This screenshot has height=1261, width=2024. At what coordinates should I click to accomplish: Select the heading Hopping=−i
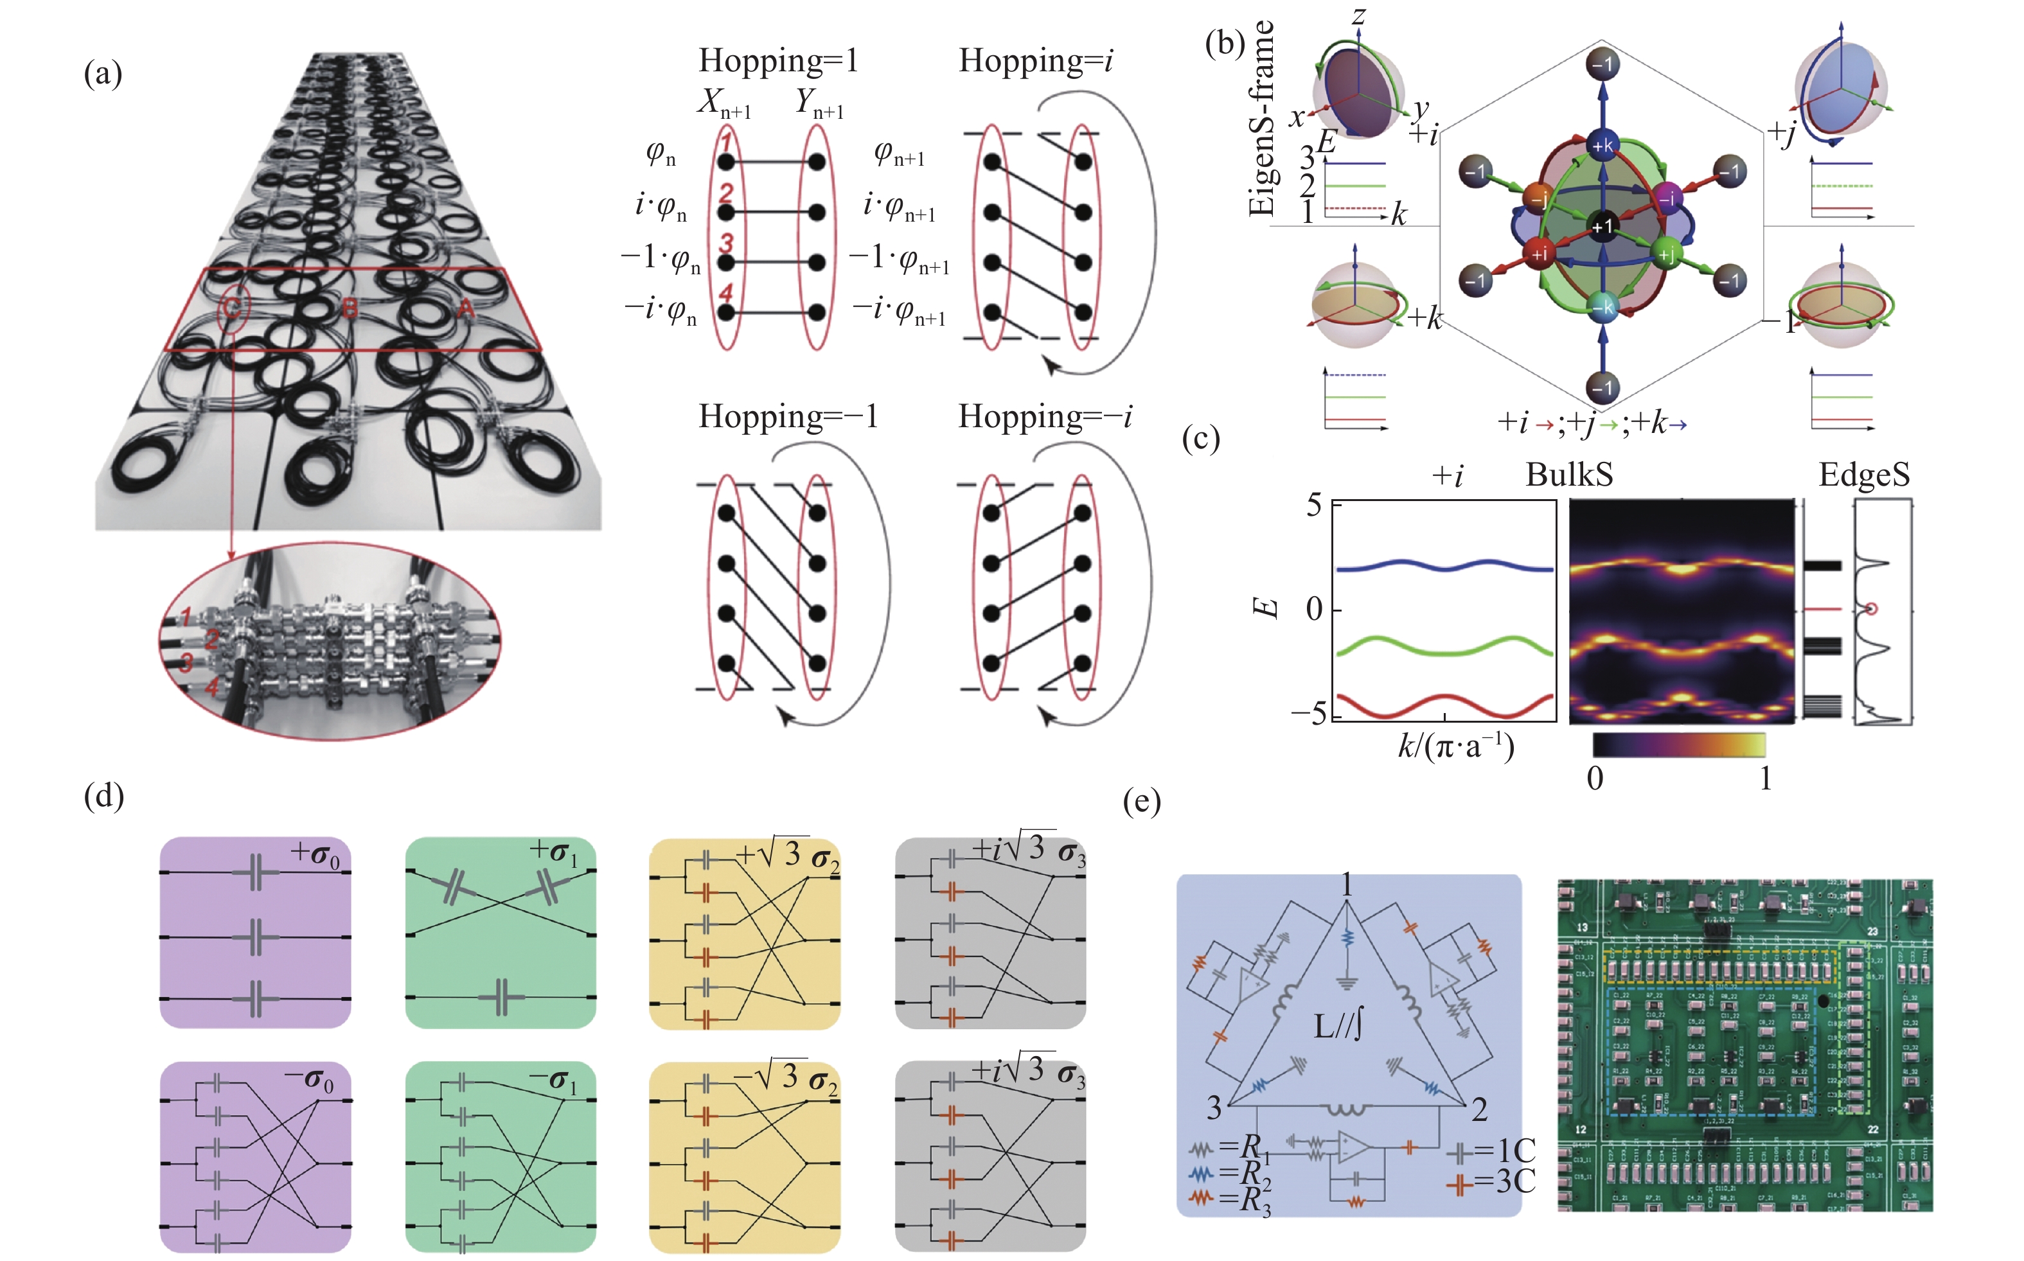tap(1044, 416)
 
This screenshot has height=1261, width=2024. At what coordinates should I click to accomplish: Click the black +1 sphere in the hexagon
tap(1602, 227)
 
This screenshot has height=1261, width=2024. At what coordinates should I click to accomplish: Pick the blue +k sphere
tap(1602, 146)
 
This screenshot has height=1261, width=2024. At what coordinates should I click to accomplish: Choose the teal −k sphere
tap(1602, 307)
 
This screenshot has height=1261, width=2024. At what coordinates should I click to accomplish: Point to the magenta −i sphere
tap(1666, 198)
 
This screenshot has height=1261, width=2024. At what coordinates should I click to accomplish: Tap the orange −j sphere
tap(1537, 198)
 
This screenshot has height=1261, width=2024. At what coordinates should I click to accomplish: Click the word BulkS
tap(1568, 475)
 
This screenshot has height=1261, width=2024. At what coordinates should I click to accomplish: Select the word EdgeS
tap(1864, 475)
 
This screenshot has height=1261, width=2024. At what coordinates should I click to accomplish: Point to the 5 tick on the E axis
tap(1313, 506)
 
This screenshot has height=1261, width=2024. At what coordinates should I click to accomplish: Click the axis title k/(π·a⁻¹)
tap(1455, 745)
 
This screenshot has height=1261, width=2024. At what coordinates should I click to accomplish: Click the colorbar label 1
tap(1764, 778)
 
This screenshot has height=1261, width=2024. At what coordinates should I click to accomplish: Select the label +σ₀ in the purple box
tap(315, 853)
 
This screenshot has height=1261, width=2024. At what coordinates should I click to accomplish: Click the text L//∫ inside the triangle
tap(1338, 1025)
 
